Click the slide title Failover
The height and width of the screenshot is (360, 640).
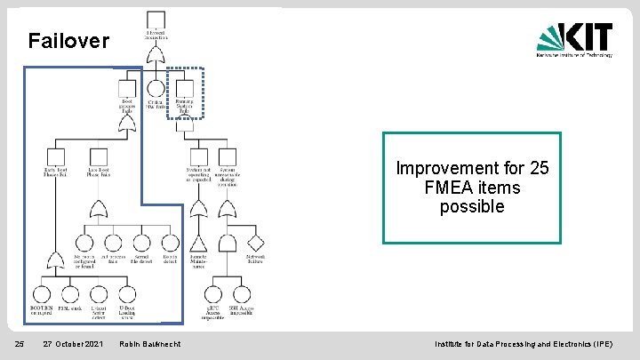(x=68, y=41)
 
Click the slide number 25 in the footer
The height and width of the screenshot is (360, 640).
(x=18, y=344)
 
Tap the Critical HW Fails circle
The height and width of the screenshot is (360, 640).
(x=156, y=89)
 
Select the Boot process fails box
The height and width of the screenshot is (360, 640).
(x=127, y=89)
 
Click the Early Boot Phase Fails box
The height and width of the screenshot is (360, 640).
(x=55, y=156)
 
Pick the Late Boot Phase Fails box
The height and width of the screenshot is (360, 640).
(x=99, y=156)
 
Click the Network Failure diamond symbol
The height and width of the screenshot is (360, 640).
(x=255, y=243)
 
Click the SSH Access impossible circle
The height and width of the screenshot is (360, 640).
(x=241, y=294)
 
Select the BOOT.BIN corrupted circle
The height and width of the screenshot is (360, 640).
(x=41, y=294)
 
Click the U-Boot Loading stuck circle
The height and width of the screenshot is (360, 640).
(x=126, y=294)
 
